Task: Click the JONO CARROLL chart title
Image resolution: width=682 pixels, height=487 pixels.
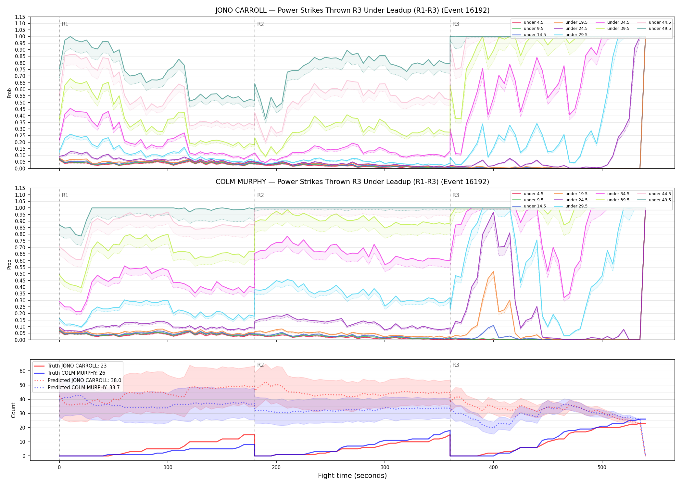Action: [352, 10]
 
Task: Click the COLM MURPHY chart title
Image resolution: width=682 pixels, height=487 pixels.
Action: [352, 182]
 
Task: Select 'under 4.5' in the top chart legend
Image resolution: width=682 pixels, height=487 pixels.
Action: [533, 22]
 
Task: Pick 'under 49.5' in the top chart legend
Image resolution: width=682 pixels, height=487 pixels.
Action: [660, 29]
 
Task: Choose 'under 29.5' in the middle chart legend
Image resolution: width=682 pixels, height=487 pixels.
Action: [576, 206]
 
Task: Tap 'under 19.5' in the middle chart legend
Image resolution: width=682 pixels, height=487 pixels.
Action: [576, 194]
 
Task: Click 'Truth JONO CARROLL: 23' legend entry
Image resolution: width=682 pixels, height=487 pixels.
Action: [77, 366]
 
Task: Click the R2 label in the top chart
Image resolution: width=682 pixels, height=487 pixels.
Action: [260, 24]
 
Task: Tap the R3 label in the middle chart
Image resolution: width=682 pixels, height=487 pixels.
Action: [456, 195]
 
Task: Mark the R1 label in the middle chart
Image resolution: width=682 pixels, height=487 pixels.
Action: [65, 195]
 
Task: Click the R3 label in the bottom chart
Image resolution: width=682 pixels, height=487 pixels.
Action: [456, 365]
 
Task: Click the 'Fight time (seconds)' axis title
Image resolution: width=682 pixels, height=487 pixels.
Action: [352, 476]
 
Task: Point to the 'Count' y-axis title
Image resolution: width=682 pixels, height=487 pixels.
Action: [13, 410]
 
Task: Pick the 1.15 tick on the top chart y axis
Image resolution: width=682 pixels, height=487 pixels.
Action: [20, 17]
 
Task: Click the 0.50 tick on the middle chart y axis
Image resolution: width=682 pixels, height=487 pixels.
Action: [20, 274]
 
